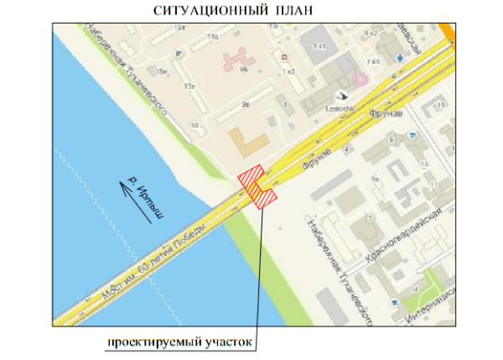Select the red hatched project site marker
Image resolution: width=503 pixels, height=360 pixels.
[258, 185]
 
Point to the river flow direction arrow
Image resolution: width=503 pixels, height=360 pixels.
[138, 201]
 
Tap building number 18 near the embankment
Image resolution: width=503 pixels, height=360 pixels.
[195, 125]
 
